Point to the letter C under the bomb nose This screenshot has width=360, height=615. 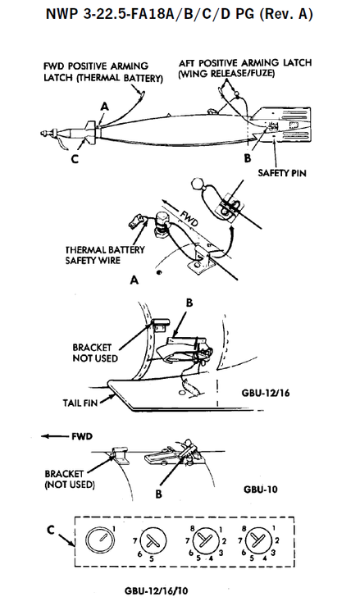[75, 159]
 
